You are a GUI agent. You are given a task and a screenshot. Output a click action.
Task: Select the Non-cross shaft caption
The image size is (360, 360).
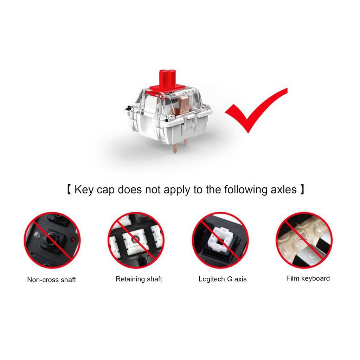51,279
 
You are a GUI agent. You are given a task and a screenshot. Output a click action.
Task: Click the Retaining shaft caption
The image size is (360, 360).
139,279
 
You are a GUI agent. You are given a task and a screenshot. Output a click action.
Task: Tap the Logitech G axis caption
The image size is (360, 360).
223,279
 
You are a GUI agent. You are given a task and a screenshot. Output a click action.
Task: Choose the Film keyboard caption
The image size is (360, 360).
308,278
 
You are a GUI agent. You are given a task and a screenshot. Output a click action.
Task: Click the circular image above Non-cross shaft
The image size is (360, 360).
52,240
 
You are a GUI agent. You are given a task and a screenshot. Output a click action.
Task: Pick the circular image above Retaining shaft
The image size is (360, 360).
136,240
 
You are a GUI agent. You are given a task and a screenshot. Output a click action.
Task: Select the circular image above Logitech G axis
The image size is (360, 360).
220,240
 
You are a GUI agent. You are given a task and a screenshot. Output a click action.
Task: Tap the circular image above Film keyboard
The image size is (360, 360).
304,240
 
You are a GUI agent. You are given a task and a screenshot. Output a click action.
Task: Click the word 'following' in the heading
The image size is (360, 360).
245,190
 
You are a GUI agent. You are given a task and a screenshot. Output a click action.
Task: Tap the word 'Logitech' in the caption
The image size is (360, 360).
212,279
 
